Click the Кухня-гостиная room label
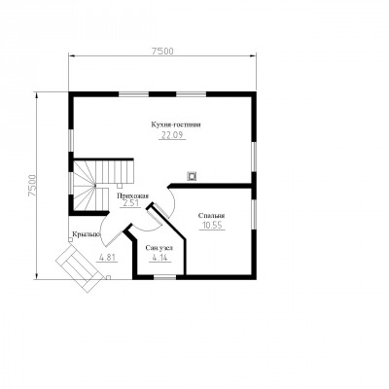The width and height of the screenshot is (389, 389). click(176, 124)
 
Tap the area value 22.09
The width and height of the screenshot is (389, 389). click(172, 135)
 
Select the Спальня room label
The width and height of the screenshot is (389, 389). click(211, 216)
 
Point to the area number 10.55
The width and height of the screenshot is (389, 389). click(212, 226)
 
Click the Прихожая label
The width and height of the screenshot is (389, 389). click(132, 195)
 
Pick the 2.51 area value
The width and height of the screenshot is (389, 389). click(130, 203)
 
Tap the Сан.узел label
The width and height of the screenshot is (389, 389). click(159, 248)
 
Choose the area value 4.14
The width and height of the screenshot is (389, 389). click(159, 259)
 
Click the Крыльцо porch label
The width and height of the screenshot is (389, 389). click(87, 234)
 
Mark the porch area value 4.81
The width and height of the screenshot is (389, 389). click(107, 258)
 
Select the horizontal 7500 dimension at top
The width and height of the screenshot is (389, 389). click(162, 52)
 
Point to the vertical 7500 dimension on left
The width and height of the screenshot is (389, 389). click(32, 186)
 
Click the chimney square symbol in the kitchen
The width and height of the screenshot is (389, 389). click(192, 176)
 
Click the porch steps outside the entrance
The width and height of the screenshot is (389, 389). click(80, 268)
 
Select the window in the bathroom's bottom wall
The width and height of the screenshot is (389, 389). click(164, 277)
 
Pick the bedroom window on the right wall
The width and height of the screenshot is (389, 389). click(255, 214)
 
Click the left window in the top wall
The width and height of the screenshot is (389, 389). click(133, 94)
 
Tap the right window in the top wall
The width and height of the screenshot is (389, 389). click(192, 94)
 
